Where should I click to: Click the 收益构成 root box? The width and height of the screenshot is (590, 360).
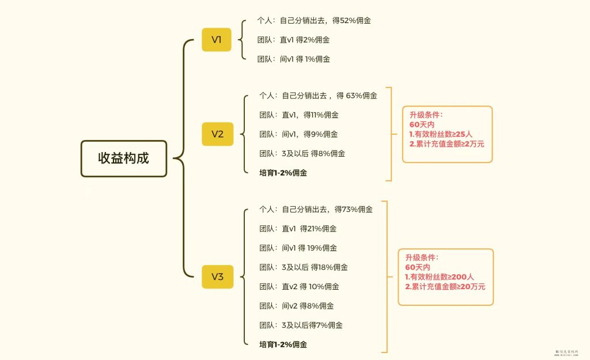pyautogui.click(x=123, y=158)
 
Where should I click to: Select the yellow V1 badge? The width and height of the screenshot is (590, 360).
pyautogui.click(x=217, y=40)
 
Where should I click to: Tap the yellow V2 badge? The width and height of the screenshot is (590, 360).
pyautogui.click(x=217, y=134)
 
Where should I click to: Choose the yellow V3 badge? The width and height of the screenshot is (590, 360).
pyautogui.click(x=217, y=276)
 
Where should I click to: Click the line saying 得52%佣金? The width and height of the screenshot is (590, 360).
pyautogui.click(x=313, y=20)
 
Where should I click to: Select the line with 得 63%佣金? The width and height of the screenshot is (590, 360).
pyautogui.click(x=318, y=96)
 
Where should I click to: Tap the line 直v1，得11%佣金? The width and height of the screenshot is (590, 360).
pyautogui.click(x=299, y=115)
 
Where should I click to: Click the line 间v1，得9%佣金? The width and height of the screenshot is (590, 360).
pyautogui.click(x=299, y=134)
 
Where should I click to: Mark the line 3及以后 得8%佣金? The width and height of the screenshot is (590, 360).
pyautogui.click(x=302, y=153)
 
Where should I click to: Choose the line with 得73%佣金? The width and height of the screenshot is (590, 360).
pyautogui.click(x=316, y=209)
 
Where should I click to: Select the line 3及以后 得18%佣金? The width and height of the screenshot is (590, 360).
pyautogui.click(x=304, y=267)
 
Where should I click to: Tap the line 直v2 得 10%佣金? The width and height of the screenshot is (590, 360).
pyautogui.click(x=299, y=286)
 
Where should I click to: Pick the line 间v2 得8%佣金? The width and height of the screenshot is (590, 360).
pyautogui.click(x=297, y=306)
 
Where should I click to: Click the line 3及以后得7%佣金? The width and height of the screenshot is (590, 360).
pyautogui.click(x=301, y=325)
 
